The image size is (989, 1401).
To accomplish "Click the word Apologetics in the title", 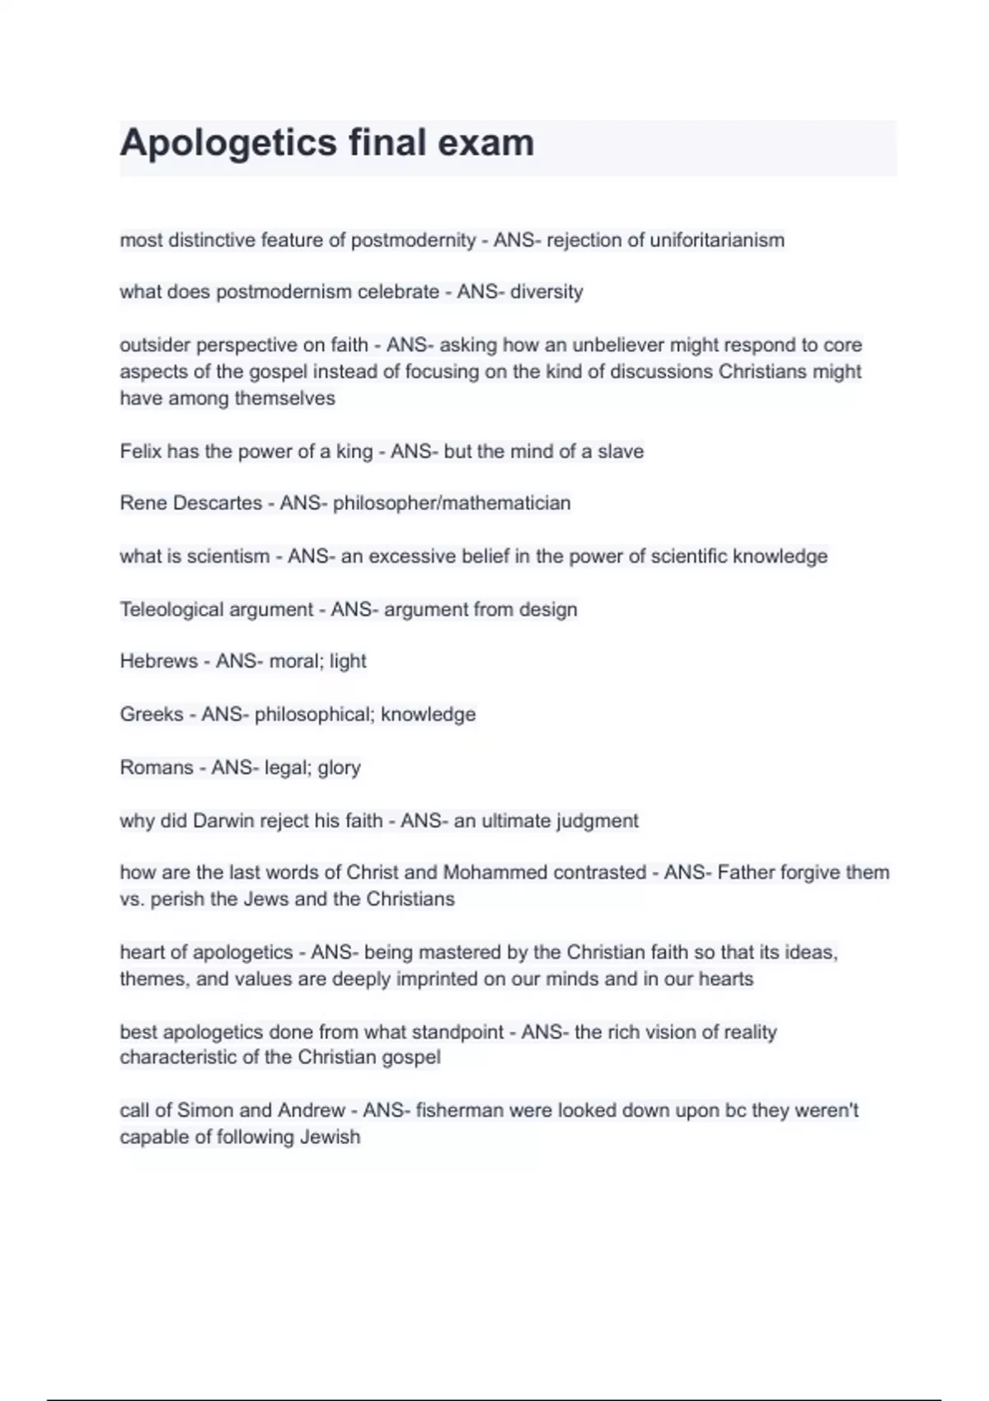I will tap(228, 143).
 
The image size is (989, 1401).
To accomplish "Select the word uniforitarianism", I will tap(717, 241).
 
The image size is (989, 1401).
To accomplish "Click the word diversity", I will tap(546, 292).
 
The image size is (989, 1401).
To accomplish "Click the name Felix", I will tap(140, 452).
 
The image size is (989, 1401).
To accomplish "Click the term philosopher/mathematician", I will tap(452, 503).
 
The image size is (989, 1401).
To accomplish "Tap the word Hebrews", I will tap(158, 661).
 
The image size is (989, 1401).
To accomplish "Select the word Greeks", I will tap(152, 715).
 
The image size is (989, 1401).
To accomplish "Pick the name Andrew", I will tap(312, 1110).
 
